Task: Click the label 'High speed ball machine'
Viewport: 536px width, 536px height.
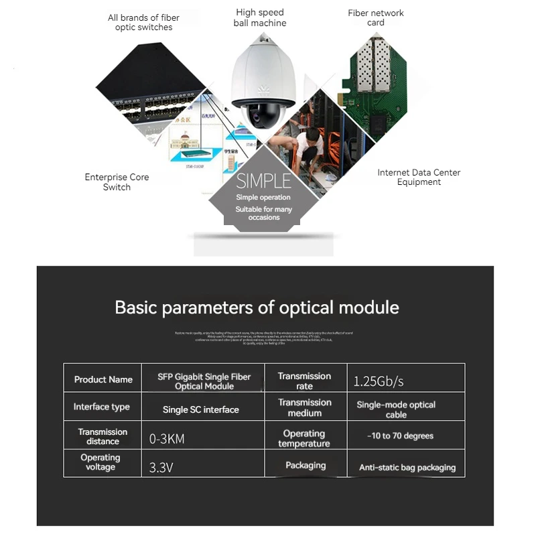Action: click(259, 18)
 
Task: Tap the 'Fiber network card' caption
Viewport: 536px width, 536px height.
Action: click(376, 18)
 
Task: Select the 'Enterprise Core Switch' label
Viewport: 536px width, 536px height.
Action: click(117, 182)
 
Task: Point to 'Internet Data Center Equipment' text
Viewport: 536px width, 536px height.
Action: click(419, 178)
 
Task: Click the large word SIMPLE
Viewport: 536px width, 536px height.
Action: click(263, 181)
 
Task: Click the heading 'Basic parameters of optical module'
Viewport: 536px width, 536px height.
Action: click(257, 308)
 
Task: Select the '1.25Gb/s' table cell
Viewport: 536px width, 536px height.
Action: click(379, 382)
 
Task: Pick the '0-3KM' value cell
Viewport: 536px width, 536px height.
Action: click(167, 440)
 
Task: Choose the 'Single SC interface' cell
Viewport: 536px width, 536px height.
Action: click(201, 409)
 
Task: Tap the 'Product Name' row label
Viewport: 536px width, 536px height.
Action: click(103, 380)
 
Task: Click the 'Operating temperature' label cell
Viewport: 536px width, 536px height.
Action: click(304, 439)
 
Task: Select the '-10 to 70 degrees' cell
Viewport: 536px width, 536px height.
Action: click(401, 436)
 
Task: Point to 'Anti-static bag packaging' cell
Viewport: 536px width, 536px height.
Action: click(407, 468)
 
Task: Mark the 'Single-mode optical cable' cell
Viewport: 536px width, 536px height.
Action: click(396, 409)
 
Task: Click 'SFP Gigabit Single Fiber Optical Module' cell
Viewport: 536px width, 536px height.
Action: click(204, 381)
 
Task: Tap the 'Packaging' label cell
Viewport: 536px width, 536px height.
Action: click(306, 466)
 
